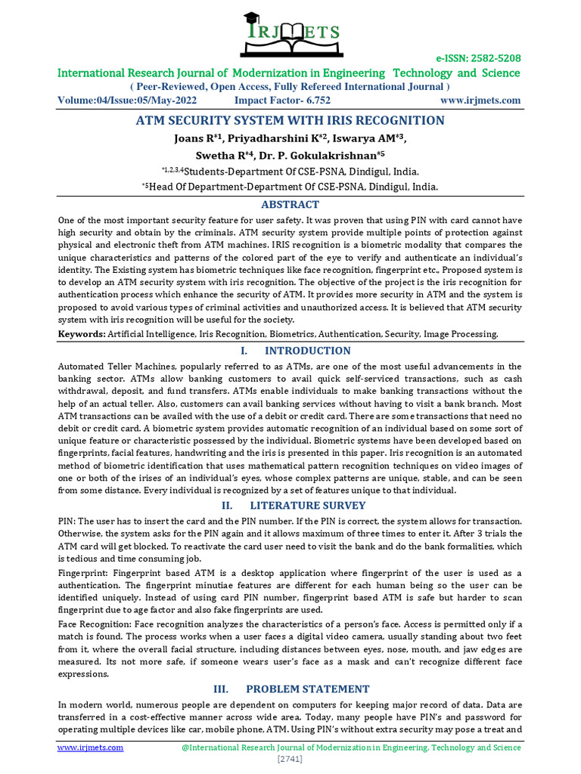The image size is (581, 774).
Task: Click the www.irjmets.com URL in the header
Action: [480, 101]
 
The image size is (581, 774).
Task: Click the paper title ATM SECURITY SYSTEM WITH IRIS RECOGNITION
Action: [290, 121]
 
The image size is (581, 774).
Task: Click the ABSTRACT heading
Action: [290, 205]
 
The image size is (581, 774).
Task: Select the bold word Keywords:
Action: [82, 334]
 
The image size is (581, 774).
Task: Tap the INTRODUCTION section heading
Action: [306, 351]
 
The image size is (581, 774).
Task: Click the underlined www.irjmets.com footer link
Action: [91, 748]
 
